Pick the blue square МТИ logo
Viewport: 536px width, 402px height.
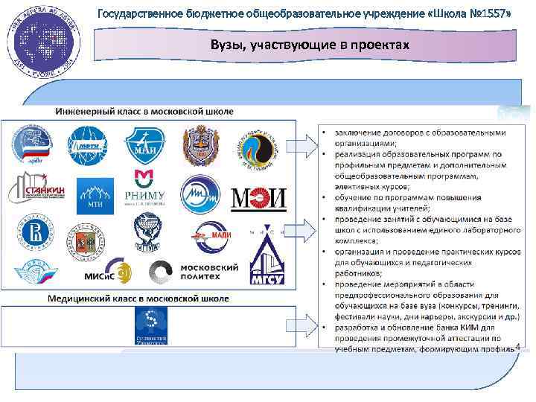click(x=95, y=192)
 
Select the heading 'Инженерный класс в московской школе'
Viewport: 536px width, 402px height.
click(x=144, y=111)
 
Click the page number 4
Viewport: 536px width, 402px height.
click(x=517, y=345)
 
